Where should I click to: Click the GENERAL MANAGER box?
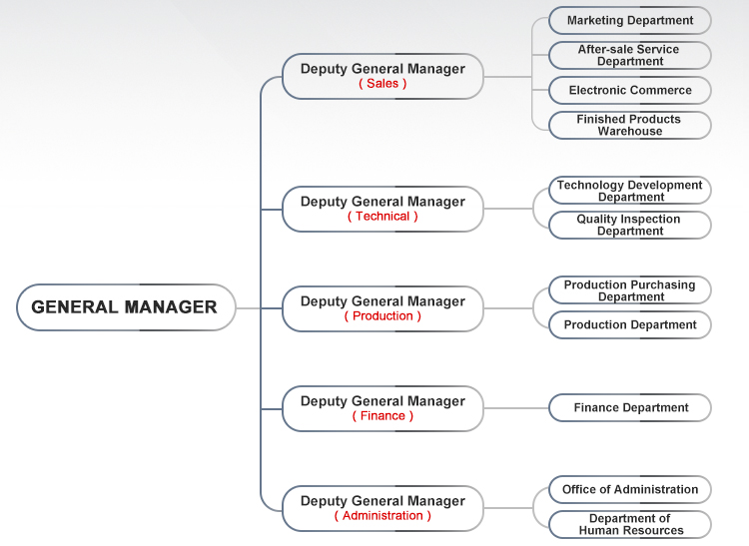coord(126,307)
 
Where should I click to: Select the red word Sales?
coord(382,84)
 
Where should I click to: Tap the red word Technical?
coord(382,217)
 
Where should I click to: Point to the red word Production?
coord(382,316)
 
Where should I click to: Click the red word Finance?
coord(382,415)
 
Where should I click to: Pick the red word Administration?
coord(382,515)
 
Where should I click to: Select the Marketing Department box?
coord(630,21)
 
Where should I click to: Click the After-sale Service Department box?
coord(630,55)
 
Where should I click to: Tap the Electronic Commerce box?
coord(630,90)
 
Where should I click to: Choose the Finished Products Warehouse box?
coord(630,125)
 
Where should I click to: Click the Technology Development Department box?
coord(630,191)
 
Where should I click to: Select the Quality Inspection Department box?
coord(630,225)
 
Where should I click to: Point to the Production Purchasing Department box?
coord(630,290)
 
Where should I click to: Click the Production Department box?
coord(630,325)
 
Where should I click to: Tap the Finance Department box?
coord(630,407)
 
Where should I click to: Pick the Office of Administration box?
coord(630,490)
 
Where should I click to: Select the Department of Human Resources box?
coord(630,524)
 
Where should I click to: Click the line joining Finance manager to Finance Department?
coord(516,408)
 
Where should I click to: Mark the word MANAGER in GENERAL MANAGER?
coord(171,306)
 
